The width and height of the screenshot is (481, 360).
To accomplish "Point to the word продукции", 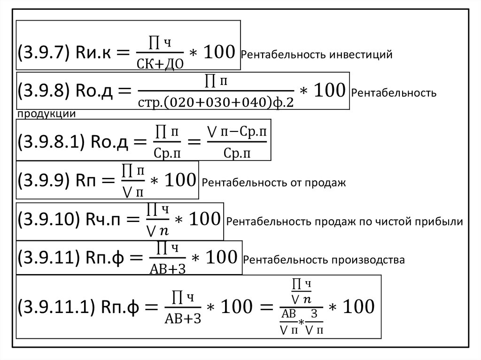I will pos(47,114).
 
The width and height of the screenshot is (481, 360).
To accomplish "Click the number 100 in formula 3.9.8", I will pos(328,91).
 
